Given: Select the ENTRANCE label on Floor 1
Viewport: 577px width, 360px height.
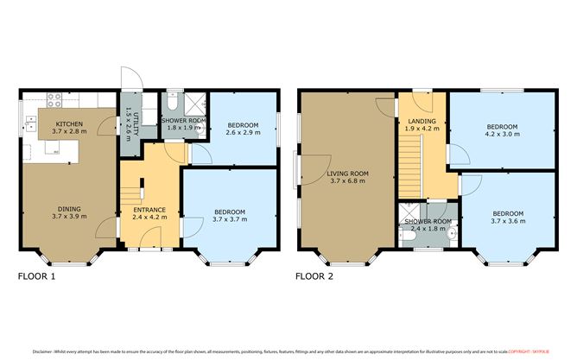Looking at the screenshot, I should [x=149, y=210].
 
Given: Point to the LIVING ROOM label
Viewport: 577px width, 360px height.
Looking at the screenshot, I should [x=348, y=174].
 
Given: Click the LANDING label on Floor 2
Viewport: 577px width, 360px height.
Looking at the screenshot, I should [x=422, y=121].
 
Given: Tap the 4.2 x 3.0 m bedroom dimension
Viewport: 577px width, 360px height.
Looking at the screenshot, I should [x=501, y=134].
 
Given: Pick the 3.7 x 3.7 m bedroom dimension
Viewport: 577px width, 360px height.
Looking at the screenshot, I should [x=230, y=219].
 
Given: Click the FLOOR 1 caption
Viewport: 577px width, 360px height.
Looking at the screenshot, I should [x=37, y=278].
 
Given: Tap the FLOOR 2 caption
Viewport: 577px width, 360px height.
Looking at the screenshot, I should [x=314, y=278].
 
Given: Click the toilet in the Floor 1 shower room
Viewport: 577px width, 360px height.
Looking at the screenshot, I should [x=173, y=98].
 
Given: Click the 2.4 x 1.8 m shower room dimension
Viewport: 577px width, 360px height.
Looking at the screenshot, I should [x=428, y=229].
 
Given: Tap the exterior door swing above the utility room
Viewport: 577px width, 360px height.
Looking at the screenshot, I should [x=130, y=79].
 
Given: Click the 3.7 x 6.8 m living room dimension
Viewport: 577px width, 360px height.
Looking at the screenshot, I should [x=348, y=181].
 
